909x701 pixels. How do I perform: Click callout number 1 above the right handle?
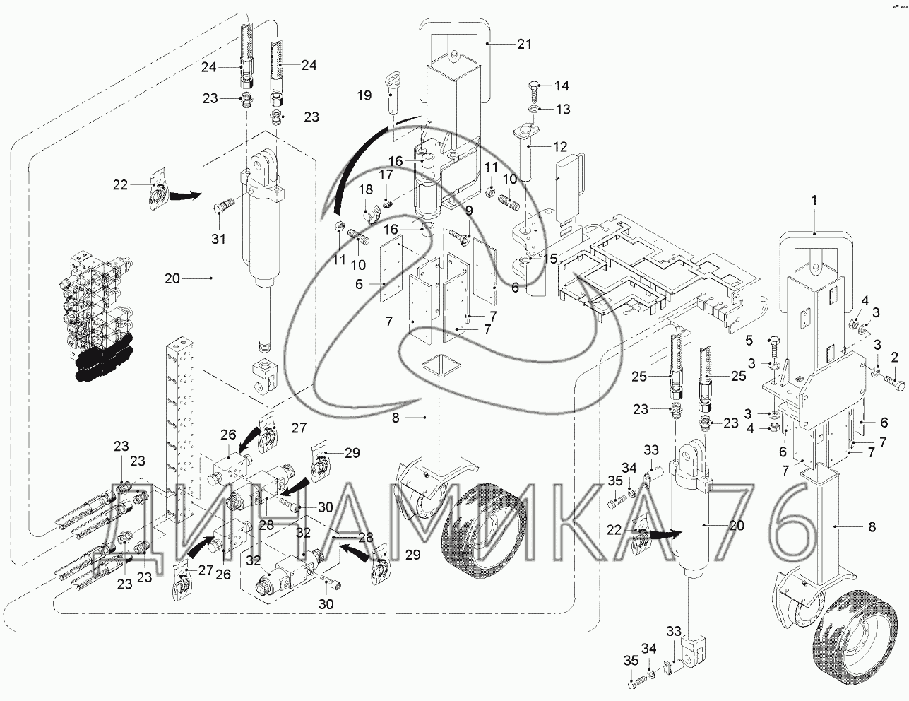814,201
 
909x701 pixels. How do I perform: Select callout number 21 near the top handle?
523,45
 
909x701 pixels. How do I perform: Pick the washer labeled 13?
535,110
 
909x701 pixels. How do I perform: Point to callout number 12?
559,148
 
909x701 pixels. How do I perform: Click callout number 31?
218,239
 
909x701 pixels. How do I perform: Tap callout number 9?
469,211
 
